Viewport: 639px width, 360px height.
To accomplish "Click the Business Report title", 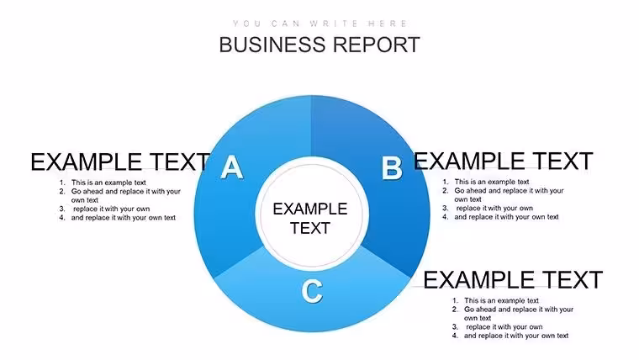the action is [x=319, y=45].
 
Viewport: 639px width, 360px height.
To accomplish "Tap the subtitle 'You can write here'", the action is [x=319, y=24].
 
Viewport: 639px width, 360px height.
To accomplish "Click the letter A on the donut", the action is [x=231, y=167].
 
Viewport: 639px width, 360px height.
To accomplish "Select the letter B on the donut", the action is [x=392, y=168].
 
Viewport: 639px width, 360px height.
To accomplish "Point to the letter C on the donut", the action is [x=312, y=291].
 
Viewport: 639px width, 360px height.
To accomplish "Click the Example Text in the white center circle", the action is [x=310, y=218].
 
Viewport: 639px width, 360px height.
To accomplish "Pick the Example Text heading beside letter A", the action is [x=120, y=161].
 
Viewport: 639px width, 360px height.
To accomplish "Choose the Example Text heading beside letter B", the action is [x=504, y=161].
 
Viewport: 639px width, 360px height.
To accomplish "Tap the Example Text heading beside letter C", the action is [x=513, y=280].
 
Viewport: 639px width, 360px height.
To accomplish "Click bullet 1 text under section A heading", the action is [x=108, y=183].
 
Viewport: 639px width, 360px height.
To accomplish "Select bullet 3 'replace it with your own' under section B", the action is [x=494, y=208].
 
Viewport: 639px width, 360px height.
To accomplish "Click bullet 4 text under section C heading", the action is [x=516, y=336].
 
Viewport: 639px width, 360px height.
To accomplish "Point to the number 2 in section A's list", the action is [x=62, y=191].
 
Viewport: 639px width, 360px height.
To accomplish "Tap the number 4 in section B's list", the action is [x=445, y=217].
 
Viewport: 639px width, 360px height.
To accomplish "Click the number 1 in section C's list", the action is [x=455, y=300].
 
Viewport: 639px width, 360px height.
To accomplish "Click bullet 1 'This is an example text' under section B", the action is [x=492, y=182].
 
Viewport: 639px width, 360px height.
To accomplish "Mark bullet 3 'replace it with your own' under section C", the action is [x=504, y=326].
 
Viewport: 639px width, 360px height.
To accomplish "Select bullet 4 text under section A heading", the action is [x=123, y=218].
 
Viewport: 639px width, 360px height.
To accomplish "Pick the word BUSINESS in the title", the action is [x=272, y=45].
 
